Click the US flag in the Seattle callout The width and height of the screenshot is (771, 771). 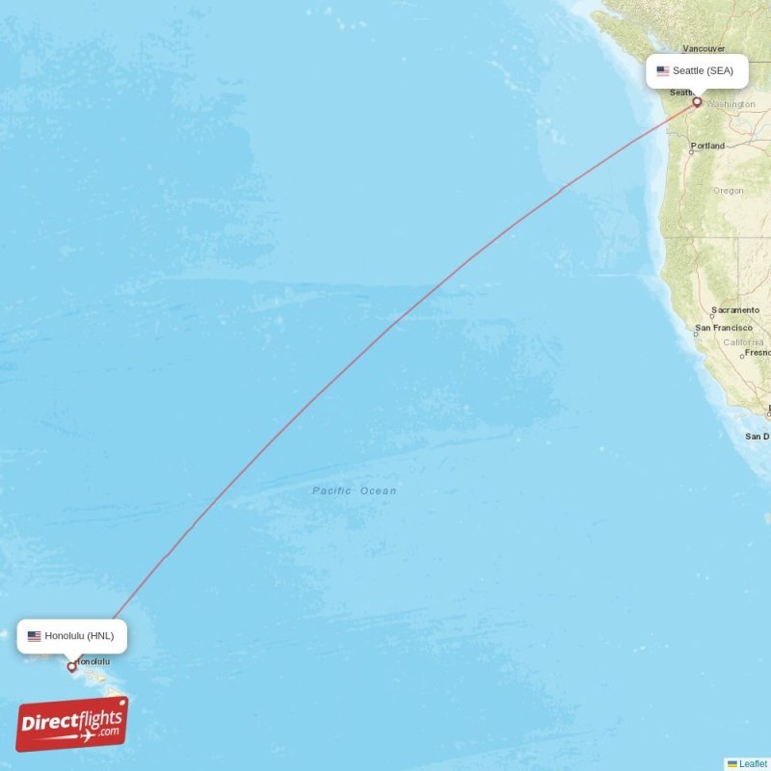click(663, 70)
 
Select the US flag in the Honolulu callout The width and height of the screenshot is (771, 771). click(35, 636)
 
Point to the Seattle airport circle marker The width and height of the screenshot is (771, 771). click(697, 101)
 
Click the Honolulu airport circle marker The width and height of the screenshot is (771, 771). click(71, 666)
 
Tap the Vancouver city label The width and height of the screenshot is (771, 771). click(703, 47)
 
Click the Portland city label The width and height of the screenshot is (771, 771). click(708, 146)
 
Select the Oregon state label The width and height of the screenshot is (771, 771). click(728, 191)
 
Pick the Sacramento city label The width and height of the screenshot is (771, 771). click(734, 310)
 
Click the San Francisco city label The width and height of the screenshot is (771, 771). click(724, 328)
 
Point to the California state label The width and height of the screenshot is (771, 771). click(743, 342)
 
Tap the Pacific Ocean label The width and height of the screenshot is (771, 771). click(354, 492)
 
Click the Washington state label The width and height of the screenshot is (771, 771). click(731, 104)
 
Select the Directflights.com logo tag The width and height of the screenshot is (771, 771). click(72, 724)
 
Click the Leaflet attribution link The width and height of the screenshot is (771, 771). click(753, 763)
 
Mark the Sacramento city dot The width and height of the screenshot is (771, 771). click(712, 316)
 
